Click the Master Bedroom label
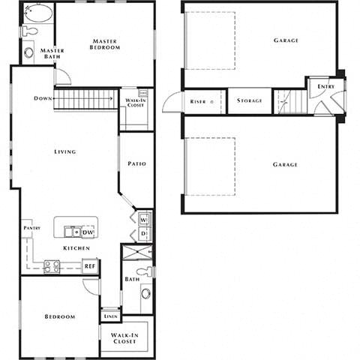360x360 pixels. (x=106, y=44)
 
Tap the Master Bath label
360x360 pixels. (x=52, y=54)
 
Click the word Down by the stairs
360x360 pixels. (x=41, y=98)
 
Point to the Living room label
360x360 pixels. (x=64, y=151)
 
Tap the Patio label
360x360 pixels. (x=136, y=163)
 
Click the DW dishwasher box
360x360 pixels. (x=88, y=232)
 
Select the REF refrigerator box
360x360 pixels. (x=89, y=265)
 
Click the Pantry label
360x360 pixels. (x=31, y=227)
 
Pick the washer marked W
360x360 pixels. (x=145, y=220)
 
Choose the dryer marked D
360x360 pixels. (x=145, y=234)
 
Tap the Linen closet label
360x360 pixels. (x=109, y=316)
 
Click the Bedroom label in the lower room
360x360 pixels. (x=59, y=316)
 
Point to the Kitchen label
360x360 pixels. (x=77, y=248)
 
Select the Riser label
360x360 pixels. (x=198, y=101)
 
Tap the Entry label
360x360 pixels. (x=326, y=87)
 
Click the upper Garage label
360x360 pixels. (x=286, y=40)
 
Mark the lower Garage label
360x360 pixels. (x=285, y=165)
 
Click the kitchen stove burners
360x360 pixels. (x=52, y=265)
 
